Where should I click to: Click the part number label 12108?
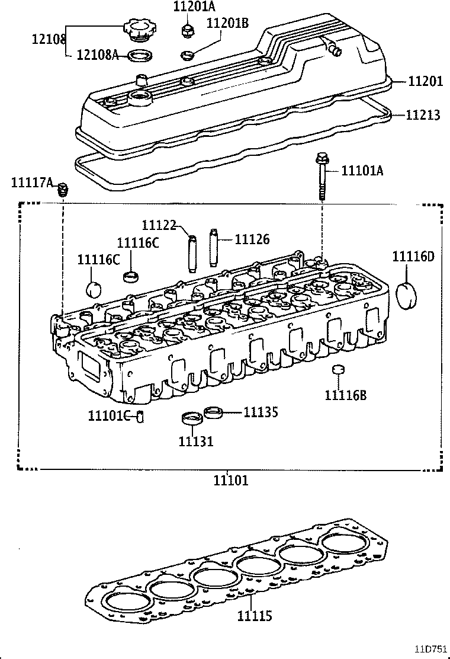48,39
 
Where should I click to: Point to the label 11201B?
227,23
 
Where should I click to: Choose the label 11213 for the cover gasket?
423,114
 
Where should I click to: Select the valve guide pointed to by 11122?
191,253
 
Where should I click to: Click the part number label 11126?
252,239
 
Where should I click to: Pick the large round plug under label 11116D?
406,296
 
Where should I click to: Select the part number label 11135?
261,411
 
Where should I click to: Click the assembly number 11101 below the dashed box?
231,481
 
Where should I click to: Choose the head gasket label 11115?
255,616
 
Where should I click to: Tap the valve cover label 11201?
425,81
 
